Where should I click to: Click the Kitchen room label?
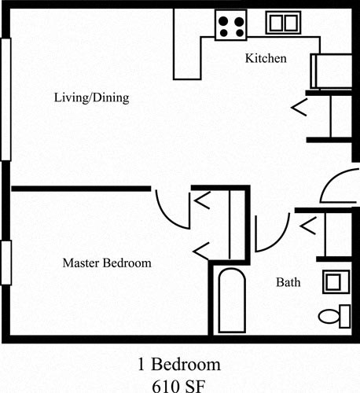click(266, 59)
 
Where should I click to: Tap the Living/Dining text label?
click(91, 99)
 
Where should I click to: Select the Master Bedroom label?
click(107, 263)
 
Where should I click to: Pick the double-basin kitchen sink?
click(282, 24)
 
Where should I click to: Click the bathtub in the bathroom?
click(230, 302)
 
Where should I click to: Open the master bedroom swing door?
click(170, 207)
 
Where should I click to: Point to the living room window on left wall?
click(6, 97)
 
